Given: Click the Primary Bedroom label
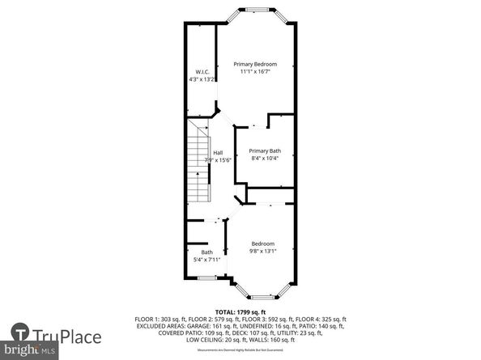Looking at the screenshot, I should click(x=255, y=64).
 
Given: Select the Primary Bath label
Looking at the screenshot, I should click(x=264, y=150).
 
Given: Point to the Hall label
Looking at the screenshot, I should click(x=218, y=153).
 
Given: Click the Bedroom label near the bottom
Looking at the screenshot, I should click(x=262, y=244).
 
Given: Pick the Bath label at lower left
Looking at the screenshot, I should click(x=206, y=252).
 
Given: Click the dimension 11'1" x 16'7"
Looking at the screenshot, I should click(x=255, y=72).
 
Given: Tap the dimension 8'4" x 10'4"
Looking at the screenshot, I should click(x=264, y=159).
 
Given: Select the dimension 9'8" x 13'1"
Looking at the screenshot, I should click(x=263, y=251).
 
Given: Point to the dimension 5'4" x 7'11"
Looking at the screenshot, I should click(x=206, y=259).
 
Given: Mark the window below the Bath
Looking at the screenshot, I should click(x=207, y=279).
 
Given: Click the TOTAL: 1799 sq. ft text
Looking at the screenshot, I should click(x=240, y=311).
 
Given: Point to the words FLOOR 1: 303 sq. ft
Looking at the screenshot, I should click(x=161, y=320).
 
